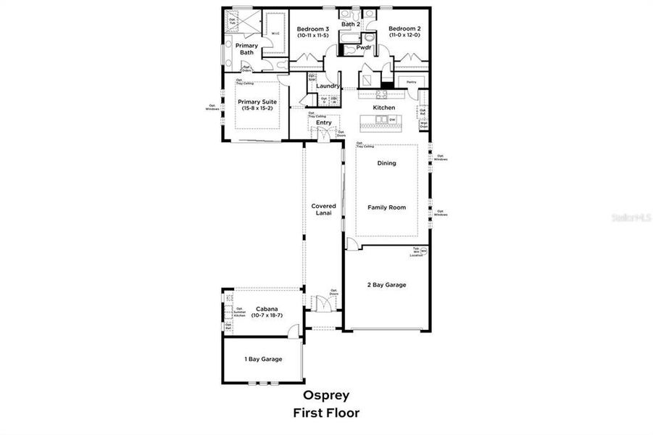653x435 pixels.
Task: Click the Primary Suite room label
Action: coord(257,101)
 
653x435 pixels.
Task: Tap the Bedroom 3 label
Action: coord(312,29)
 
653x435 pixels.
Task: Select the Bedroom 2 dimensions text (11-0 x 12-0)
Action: coord(404,36)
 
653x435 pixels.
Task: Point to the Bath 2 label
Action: coord(351,23)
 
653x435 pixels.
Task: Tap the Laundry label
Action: coord(328,86)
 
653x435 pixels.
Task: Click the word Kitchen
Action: coord(384,107)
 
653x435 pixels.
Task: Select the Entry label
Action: coord(323,123)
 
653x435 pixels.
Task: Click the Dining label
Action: coord(386,163)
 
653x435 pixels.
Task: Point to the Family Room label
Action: coord(386,207)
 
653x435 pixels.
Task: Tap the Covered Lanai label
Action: coord(323,210)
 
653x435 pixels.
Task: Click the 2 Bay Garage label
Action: coord(386,285)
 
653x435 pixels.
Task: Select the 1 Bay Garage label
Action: coord(262,359)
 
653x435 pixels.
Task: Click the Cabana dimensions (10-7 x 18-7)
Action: coord(267,315)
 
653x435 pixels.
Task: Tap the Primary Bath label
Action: coord(246,49)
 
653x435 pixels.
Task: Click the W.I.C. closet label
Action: coord(275,32)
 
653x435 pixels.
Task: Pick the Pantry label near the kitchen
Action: coord(411,82)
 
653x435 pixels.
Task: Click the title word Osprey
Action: coord(325,395)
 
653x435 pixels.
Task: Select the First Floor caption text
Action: coord(325,413)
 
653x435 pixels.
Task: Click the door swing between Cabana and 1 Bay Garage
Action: coord(293,332)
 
